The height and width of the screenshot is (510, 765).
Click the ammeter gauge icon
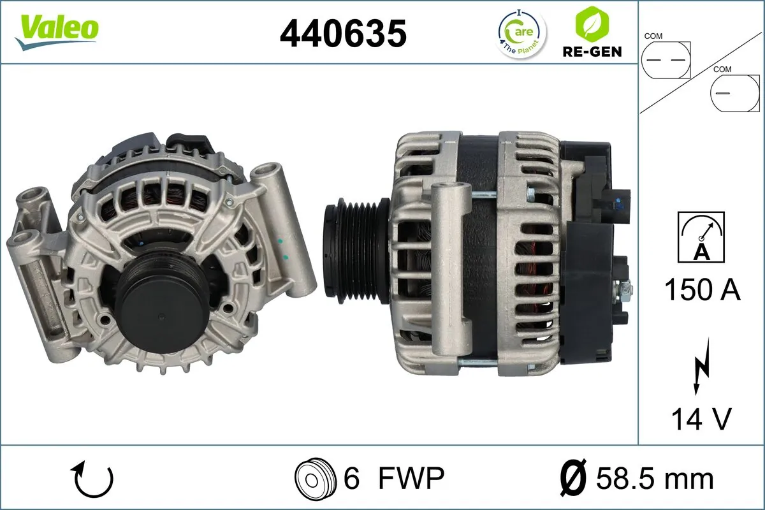point(702,236)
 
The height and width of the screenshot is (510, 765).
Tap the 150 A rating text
point(702,290)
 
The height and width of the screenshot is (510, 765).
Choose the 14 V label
point(701,419)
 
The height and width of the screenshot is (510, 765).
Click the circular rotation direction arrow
point(93,479)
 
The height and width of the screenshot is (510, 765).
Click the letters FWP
point(411,478)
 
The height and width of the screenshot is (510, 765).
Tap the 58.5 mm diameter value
point(655,478)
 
